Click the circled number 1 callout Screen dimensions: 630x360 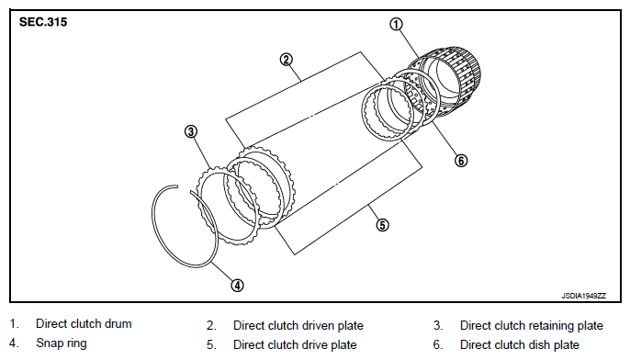396,25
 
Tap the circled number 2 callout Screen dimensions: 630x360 287,60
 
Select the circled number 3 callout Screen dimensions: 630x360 191,131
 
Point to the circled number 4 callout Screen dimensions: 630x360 238,286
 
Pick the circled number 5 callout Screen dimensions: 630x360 382,225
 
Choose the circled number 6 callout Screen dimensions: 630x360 461,161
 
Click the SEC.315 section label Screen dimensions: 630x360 43,22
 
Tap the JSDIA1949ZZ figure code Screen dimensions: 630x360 583,296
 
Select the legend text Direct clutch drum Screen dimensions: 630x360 84,324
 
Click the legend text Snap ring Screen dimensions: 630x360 61,343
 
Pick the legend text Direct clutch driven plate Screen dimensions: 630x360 298,325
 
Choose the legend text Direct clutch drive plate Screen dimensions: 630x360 295,344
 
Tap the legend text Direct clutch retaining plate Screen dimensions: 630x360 531,325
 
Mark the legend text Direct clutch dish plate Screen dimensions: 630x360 520,344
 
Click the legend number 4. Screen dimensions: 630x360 14,343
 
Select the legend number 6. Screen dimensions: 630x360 437,344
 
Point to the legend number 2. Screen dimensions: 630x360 211,325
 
